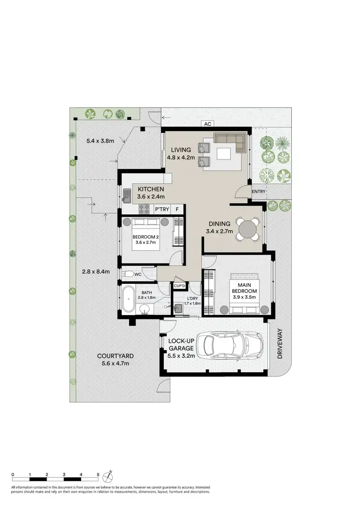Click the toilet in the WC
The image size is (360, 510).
pyautogui.click(x=127, y=274)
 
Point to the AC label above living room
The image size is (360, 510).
pyautogui.click(x=207, y=124)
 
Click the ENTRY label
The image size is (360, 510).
pyautogui.click(x=258, y=191)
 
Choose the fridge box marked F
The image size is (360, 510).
pyautogui.click(x=177, y=209)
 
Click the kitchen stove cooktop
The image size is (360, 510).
pyautogui.click(x=144, y=209)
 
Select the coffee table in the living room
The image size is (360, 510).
pyautogui.click(x=225, y=154)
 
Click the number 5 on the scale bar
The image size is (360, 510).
pyautogui.click(x=98, y=474)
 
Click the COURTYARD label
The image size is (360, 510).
pyautogui.click(x=115, y=356)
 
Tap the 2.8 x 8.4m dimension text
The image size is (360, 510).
pyautogui.click(x=96, y=271)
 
